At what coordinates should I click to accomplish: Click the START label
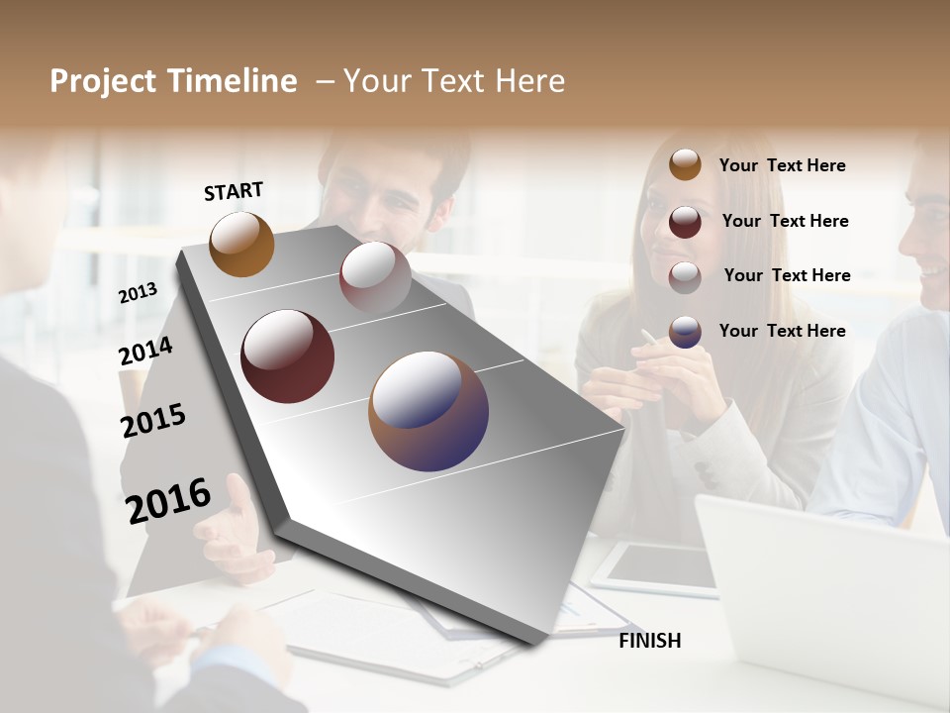click(x=234, y=191)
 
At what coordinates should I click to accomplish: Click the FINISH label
click(x=649, y=641)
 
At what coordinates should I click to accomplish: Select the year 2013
click(x=138, y=293)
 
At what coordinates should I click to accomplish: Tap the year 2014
click(x=145, y=352)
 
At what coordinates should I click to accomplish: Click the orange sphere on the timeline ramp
click(x=241, y=244)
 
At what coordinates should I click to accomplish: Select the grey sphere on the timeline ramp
click(x=375, y=276)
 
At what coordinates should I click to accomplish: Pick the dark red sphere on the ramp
click(x=287, y=356)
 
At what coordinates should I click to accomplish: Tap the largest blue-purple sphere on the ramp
click(x=428, y=411)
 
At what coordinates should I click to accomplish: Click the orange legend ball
click(x=685, y=164)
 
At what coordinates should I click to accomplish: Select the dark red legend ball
click(x=685, y=221)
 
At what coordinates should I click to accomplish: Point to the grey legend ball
click(x=685, y=276)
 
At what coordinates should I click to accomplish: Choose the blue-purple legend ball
click(x=685, y=332)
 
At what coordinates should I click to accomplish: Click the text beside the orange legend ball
click(x=782, y=165)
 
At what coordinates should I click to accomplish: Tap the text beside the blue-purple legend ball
click(x=782, y=331)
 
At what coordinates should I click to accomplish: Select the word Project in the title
click(x=102, y=81)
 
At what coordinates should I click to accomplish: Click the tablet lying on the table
click(x=658, y=567)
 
